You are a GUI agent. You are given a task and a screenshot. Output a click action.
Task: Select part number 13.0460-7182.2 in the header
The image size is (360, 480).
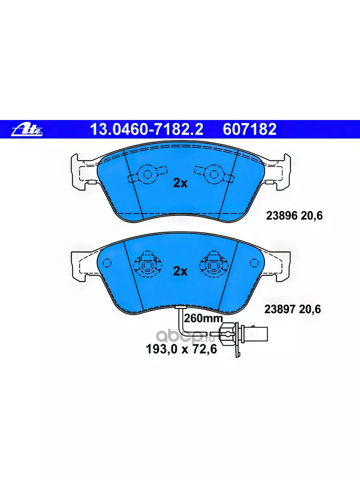(147, 129)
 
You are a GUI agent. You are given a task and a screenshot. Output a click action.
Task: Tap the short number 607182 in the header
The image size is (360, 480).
(250, 129)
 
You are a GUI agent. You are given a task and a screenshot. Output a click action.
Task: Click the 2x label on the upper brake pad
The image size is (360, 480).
(180, 183)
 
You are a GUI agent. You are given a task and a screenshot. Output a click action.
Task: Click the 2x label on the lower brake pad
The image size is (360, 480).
(180, 272)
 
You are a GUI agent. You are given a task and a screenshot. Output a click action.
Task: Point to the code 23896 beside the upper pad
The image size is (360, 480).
(282, 216)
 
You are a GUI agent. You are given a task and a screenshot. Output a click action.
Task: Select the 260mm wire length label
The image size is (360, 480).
(203, 318)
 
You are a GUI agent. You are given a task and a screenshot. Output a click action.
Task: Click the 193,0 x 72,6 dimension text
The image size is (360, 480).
(181, 349)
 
